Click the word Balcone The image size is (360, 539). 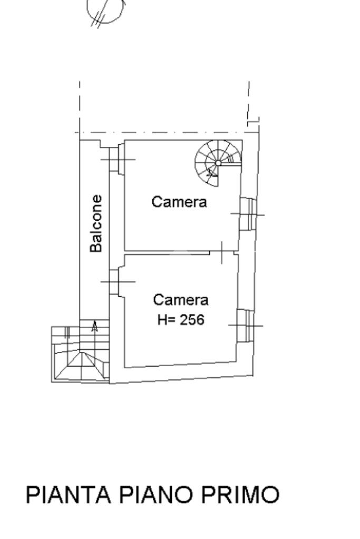[x=96, y=223]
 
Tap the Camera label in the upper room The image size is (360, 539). [x=179, y=201]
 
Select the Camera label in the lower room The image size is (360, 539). [x=180, y=300]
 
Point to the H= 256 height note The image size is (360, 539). [x=180, y=319]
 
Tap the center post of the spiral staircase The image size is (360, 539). [x=218, y=163]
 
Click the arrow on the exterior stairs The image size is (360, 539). [x=94, y=326]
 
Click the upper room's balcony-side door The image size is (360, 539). [x=116, y=159]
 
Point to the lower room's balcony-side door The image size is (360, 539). [x=116, y=281]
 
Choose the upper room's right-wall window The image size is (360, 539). [x=247, y=214]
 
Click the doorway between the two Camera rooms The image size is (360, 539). [x=222, y=253]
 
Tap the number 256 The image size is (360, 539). [x=192, y=319]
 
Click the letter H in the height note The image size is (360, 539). [x=162, y=319]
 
